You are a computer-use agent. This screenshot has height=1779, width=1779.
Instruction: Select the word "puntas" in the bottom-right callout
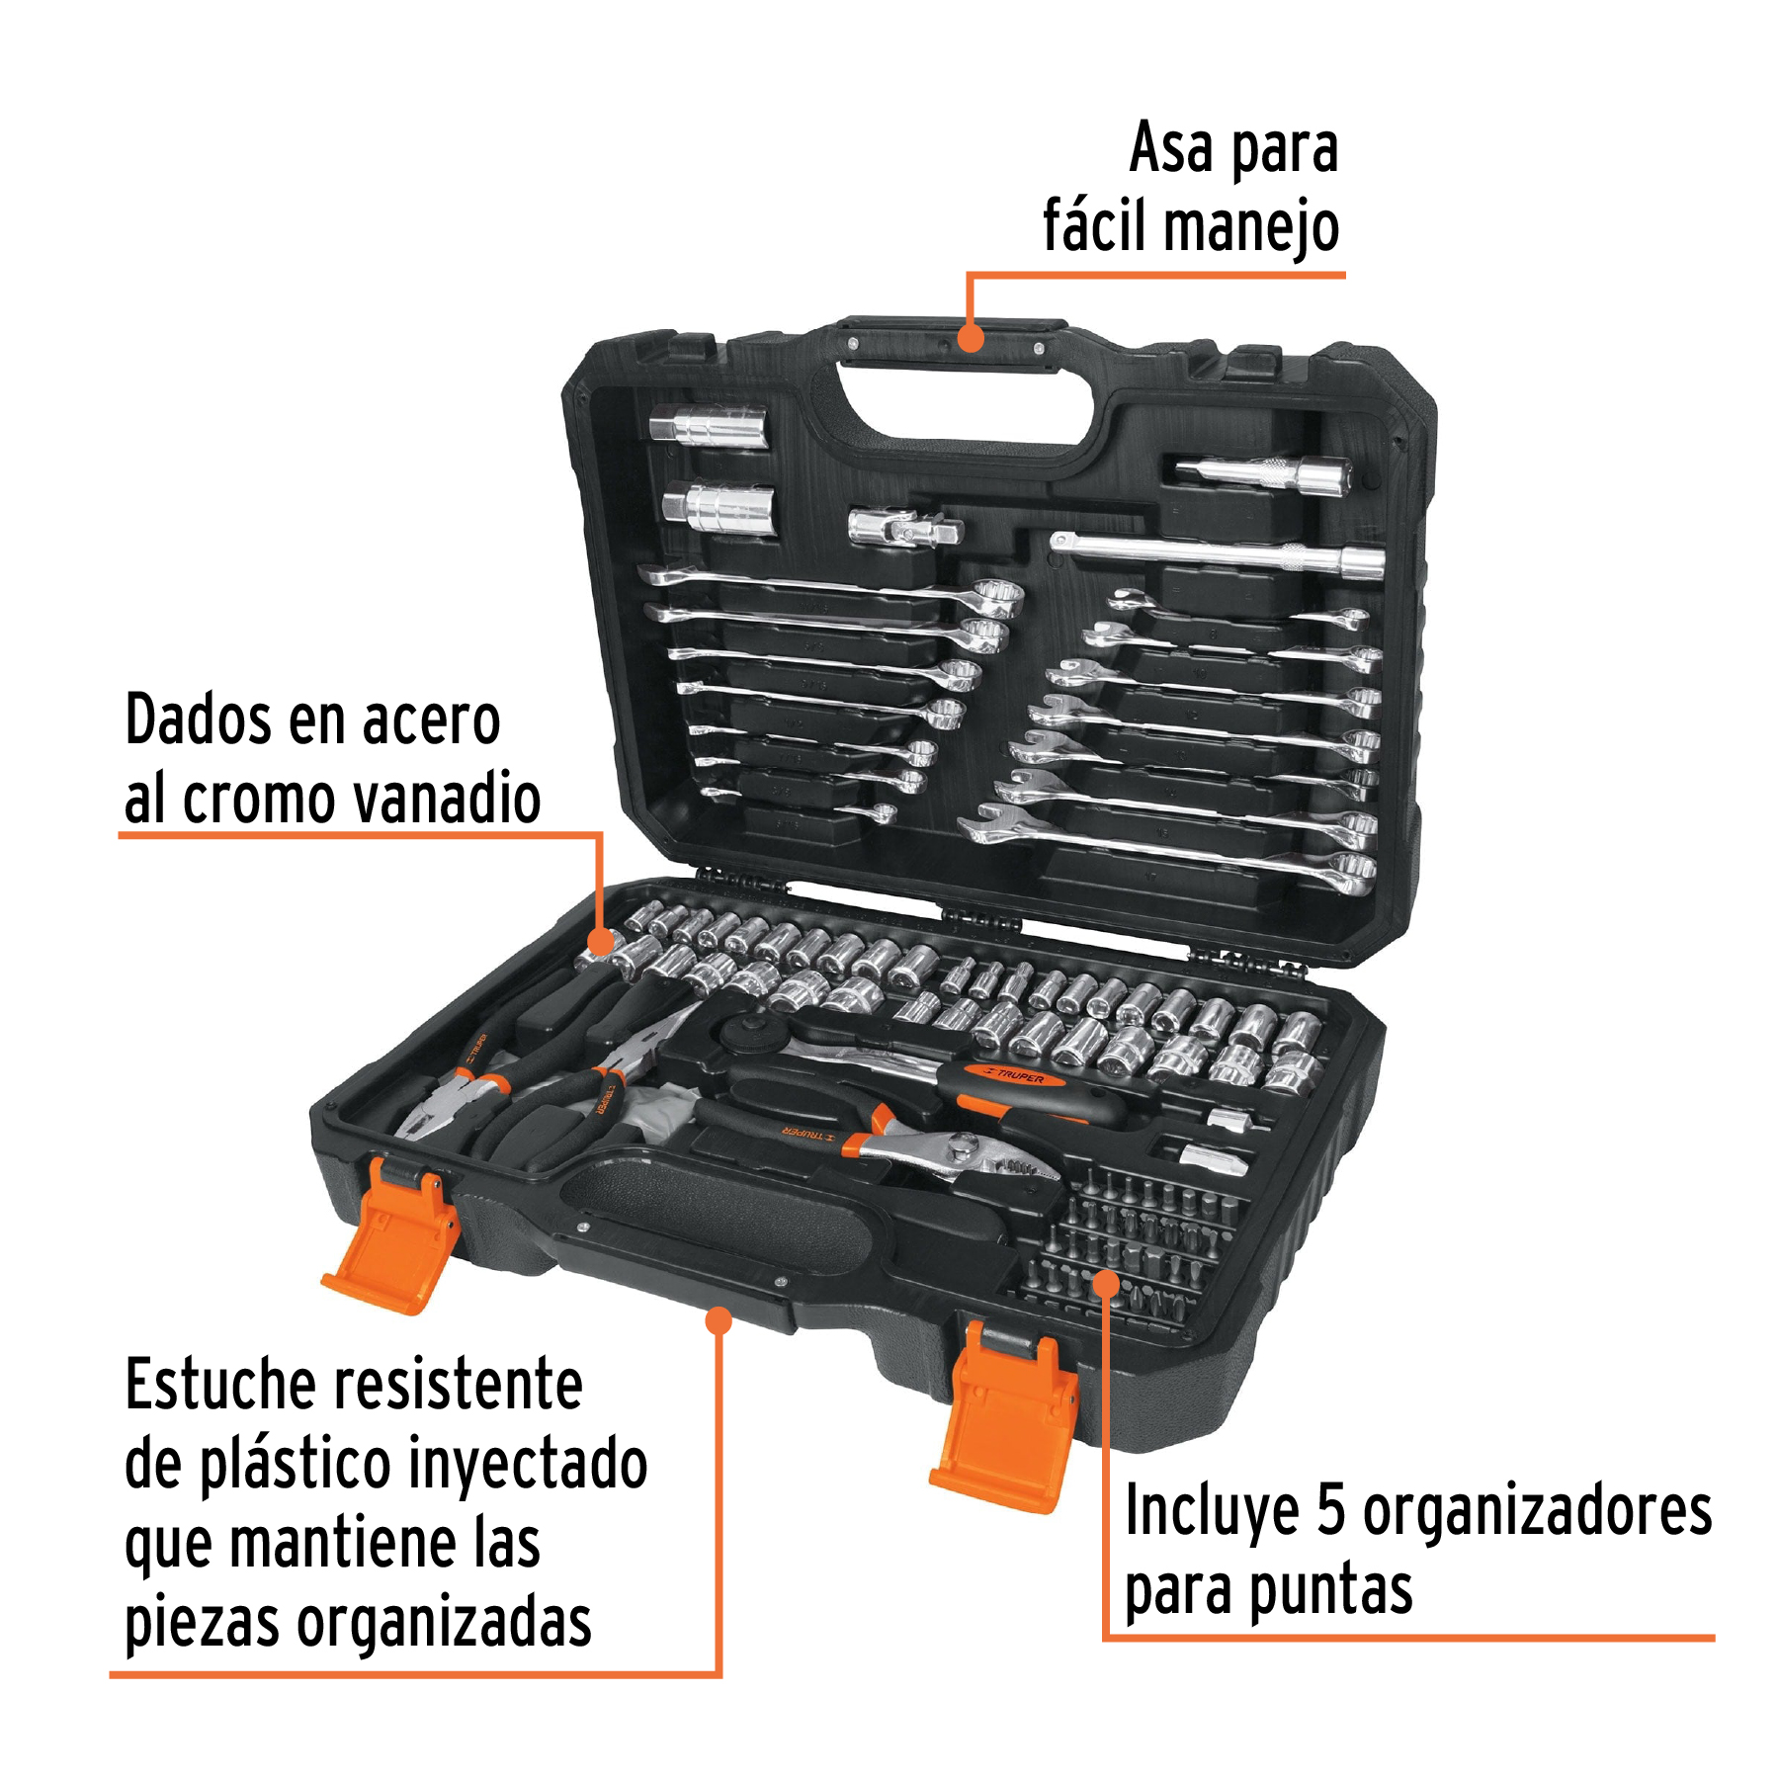[x=1330, y=1591]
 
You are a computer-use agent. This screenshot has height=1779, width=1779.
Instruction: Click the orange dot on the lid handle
[x=972, y=338]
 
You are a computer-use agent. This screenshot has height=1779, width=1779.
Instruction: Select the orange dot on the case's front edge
[x=720, y=1320]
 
